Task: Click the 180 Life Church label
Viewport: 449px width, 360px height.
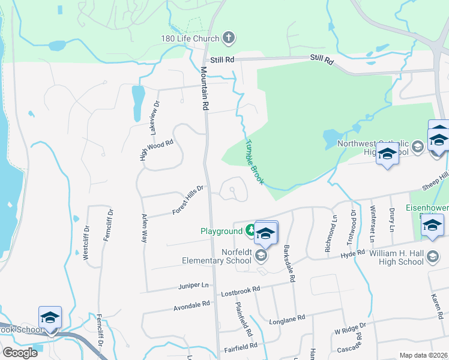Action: [190, 39]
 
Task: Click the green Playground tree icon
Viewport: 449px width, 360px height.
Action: [250, 230]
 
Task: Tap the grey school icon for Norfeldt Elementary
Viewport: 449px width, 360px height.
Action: [261, 256]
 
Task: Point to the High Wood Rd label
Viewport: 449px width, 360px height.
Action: [156, 150]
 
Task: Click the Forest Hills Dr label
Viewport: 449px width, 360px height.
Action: [188, 199]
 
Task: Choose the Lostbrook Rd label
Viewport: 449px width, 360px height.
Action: [240, 289]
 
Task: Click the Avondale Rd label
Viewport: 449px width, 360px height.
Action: [191, 304]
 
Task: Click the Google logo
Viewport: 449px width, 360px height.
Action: [20, 352]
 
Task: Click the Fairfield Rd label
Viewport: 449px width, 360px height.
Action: [240, 346]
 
